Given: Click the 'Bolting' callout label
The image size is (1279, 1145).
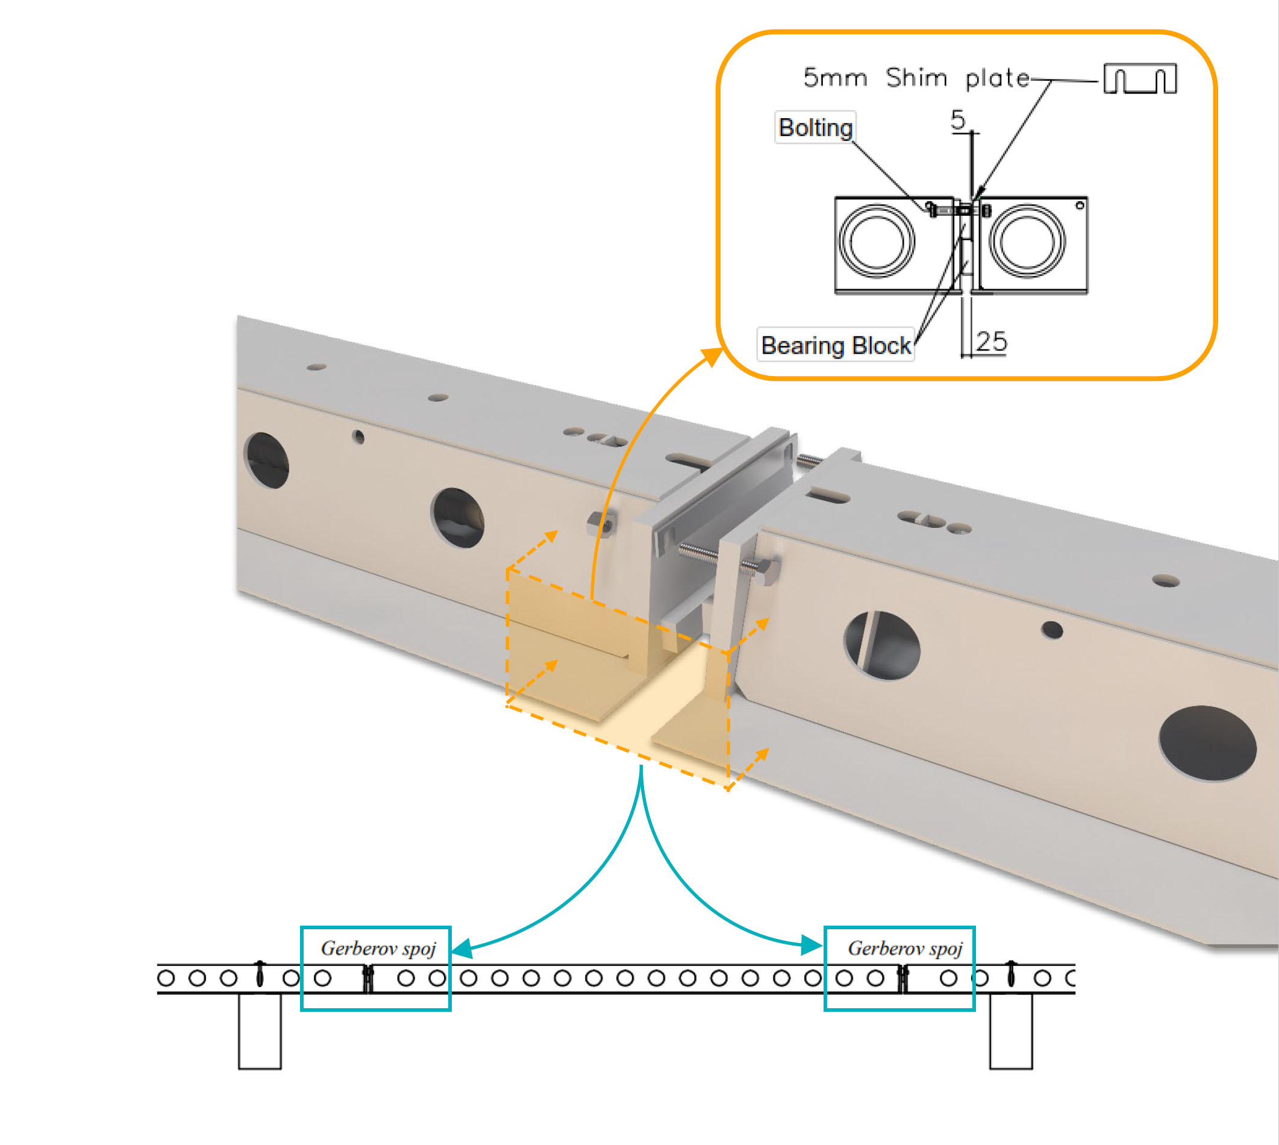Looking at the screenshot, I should coord(815,128).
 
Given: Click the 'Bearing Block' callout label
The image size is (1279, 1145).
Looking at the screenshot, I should coord(836,345).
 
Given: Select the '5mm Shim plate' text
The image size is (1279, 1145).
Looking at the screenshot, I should coord(916,78).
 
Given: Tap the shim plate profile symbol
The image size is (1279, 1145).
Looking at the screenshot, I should coord(1140,80).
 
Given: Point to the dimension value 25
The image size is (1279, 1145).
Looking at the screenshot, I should coord(992,342).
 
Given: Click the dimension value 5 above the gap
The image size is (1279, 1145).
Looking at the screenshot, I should coord(958,119).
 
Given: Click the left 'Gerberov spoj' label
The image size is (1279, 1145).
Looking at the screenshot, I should coord(378,948).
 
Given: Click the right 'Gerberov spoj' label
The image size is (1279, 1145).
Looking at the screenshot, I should coord(905,948).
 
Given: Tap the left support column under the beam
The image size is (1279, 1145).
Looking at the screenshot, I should coord(260,1032).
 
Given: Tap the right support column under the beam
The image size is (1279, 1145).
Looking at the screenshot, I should coord(1011,1032).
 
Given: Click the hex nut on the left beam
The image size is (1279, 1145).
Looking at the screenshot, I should coord(601,524).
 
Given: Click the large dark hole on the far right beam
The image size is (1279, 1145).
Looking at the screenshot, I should coord(1207,744).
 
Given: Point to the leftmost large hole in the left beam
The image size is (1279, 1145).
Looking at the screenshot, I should coord(267,460).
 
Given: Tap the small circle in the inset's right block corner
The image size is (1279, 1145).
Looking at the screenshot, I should coord(1080,205).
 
